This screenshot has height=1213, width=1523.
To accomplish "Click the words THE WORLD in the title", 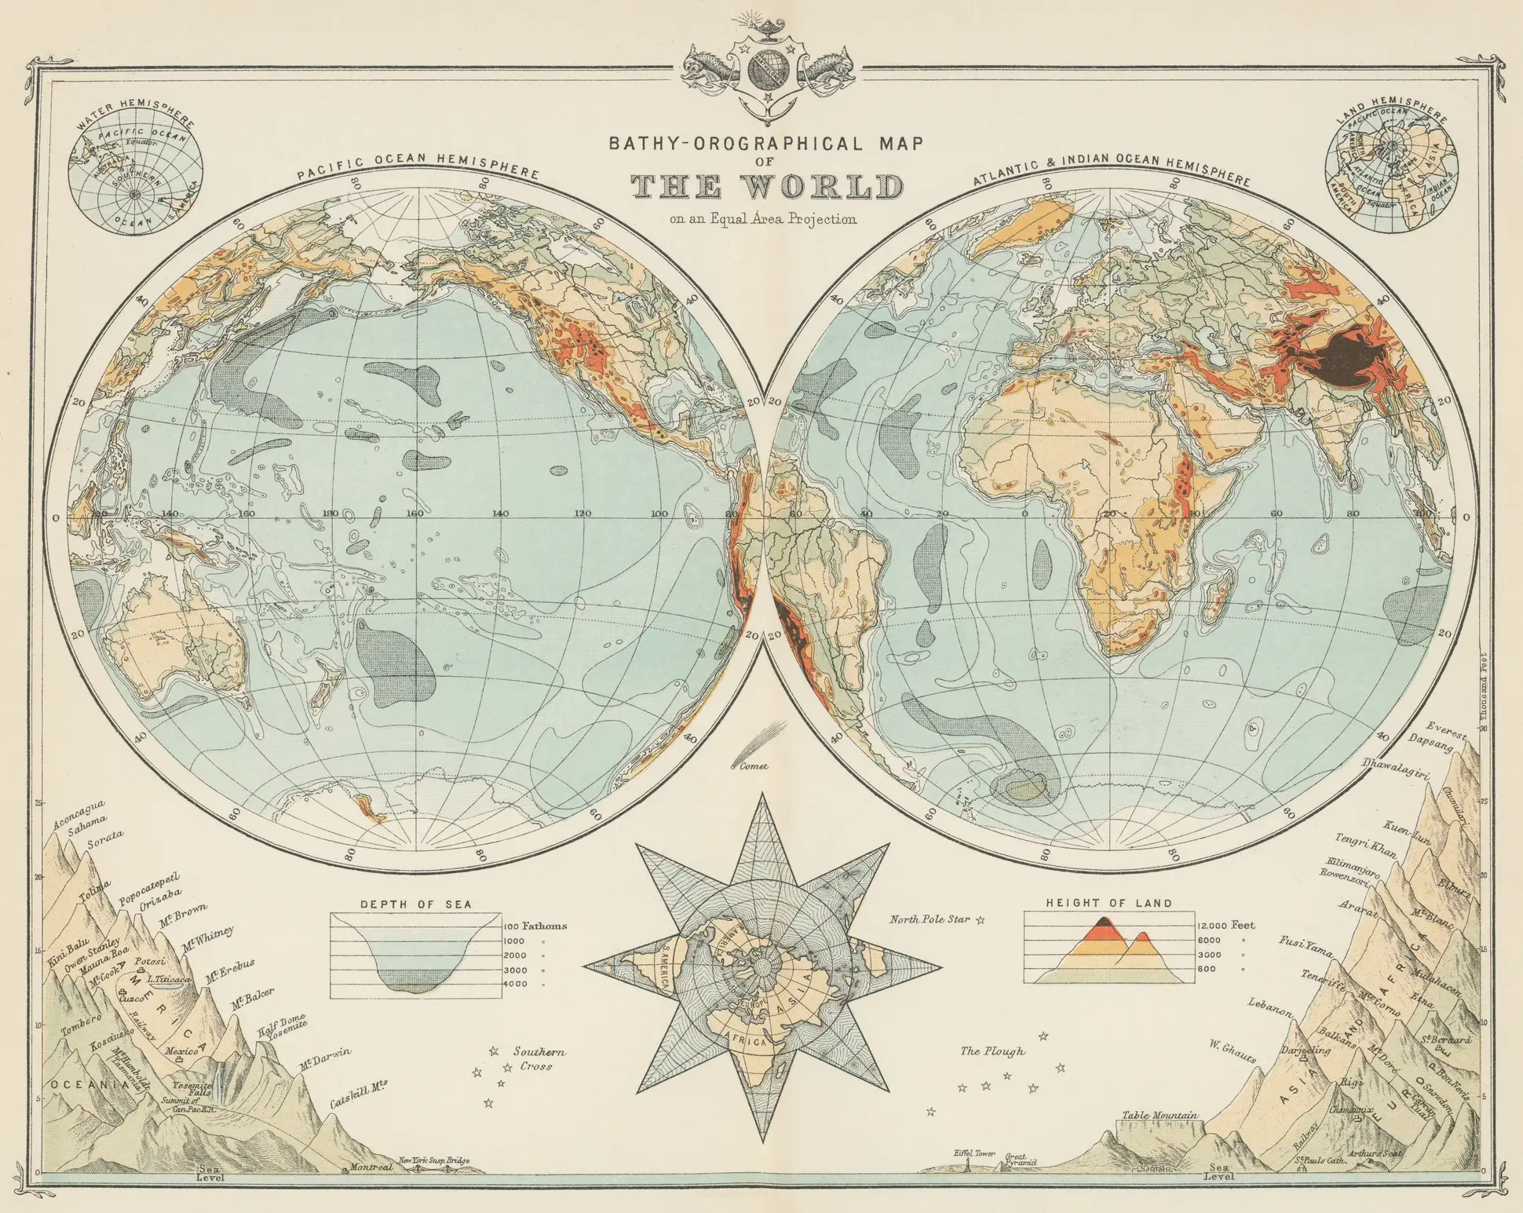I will (767, 187).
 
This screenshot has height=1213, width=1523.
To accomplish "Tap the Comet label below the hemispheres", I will (754, 766).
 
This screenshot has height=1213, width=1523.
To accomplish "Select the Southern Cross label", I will (539, 1058).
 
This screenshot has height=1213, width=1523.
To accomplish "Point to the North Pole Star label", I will (930, 919).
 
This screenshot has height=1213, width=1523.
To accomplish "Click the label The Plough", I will (992, 1050).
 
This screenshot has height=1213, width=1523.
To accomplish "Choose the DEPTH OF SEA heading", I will (416, 904).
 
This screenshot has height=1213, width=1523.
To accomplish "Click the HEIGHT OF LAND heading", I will (1108, 903).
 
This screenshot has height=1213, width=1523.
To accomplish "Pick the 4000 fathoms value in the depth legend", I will (515, 984).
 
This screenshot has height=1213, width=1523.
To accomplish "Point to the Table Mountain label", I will (1160, 1115).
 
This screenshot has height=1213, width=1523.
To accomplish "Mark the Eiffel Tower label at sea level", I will (974, 1153).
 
